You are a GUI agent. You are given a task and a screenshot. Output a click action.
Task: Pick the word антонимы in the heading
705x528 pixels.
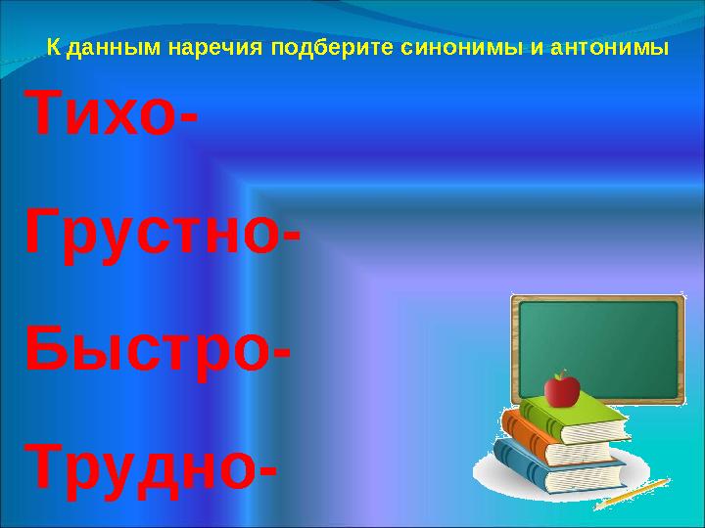(x=609, y=48)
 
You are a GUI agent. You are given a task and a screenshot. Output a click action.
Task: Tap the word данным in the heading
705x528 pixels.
(x=115, y=48)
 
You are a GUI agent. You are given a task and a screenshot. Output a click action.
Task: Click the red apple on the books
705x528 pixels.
(x=562, y=391)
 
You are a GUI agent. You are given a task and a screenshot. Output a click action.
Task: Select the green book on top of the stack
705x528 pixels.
(x=575, y=418)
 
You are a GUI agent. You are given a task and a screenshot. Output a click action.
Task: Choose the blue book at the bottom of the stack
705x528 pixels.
(x=557, y=467)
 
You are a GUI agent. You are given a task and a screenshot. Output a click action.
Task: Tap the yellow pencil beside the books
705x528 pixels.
(x=633, y=494)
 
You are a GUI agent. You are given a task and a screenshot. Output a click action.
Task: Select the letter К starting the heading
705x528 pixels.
(x=54, y=48)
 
